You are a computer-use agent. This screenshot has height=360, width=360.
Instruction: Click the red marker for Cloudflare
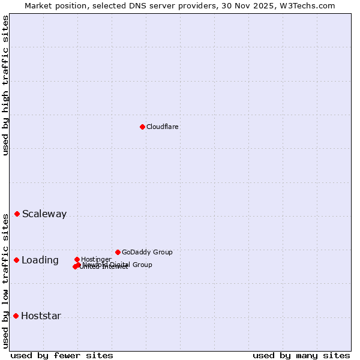click(142, 127)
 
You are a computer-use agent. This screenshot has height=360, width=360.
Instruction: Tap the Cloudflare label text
click(163, 127)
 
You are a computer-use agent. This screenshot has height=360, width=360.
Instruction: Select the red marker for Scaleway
click(17, 214)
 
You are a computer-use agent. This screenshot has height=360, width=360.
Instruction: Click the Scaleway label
click(44, 214)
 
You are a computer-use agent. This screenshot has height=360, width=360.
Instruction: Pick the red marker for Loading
click(17, 260)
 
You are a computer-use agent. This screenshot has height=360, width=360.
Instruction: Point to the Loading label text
click(40, 260)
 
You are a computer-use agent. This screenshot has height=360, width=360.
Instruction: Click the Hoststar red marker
click(16, 316)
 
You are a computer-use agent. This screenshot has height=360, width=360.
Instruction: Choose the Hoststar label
click(41, 316)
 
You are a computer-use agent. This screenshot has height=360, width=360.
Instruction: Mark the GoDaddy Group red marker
click(118, 253)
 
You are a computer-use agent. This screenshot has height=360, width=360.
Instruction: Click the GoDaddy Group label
click(147, 253)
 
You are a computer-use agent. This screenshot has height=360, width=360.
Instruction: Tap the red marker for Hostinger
click(77, 260)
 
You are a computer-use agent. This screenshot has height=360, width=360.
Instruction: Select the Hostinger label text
click(97, 259)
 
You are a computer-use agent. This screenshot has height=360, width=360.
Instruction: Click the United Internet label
click(104, 268)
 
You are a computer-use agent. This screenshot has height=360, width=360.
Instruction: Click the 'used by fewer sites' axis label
click(62, 355)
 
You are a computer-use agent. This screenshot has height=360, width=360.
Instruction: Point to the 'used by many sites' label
click(301, 355)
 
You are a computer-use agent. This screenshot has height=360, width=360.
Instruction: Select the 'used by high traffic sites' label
click(5, 85)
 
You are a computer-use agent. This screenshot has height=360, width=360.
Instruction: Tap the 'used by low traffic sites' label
click(5, 281)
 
